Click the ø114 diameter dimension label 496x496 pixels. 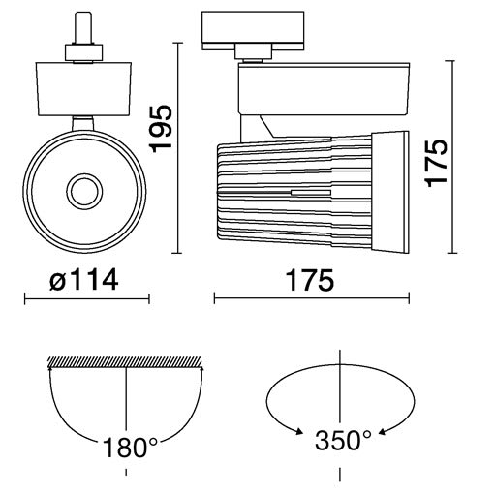84,280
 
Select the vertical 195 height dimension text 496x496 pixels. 161,128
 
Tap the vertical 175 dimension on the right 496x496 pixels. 437,163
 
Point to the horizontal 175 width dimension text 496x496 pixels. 310,280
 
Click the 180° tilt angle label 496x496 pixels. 130,448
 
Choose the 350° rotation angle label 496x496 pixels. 343,441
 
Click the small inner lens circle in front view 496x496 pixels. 84,192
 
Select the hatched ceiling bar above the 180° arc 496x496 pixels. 125,362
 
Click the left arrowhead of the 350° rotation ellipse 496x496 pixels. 298,432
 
